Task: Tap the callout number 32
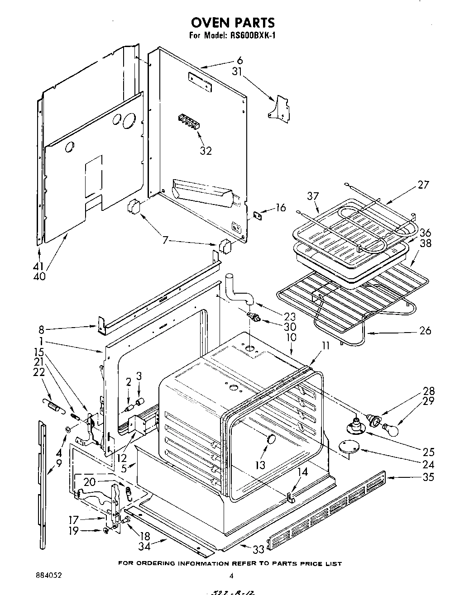tap(206, 151)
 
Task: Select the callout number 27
tap(423, 185)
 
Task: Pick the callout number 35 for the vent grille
tap(428, 476)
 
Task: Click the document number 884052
tap(48, 576)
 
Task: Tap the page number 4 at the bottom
tap(231, 576)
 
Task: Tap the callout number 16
tap(281, 208)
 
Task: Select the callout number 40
tap(39, 276)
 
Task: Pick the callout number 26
tap(425, 331)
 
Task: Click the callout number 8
tap(42, 330)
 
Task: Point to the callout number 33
tap(258, 550)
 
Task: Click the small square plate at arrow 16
tap(258, 215)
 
